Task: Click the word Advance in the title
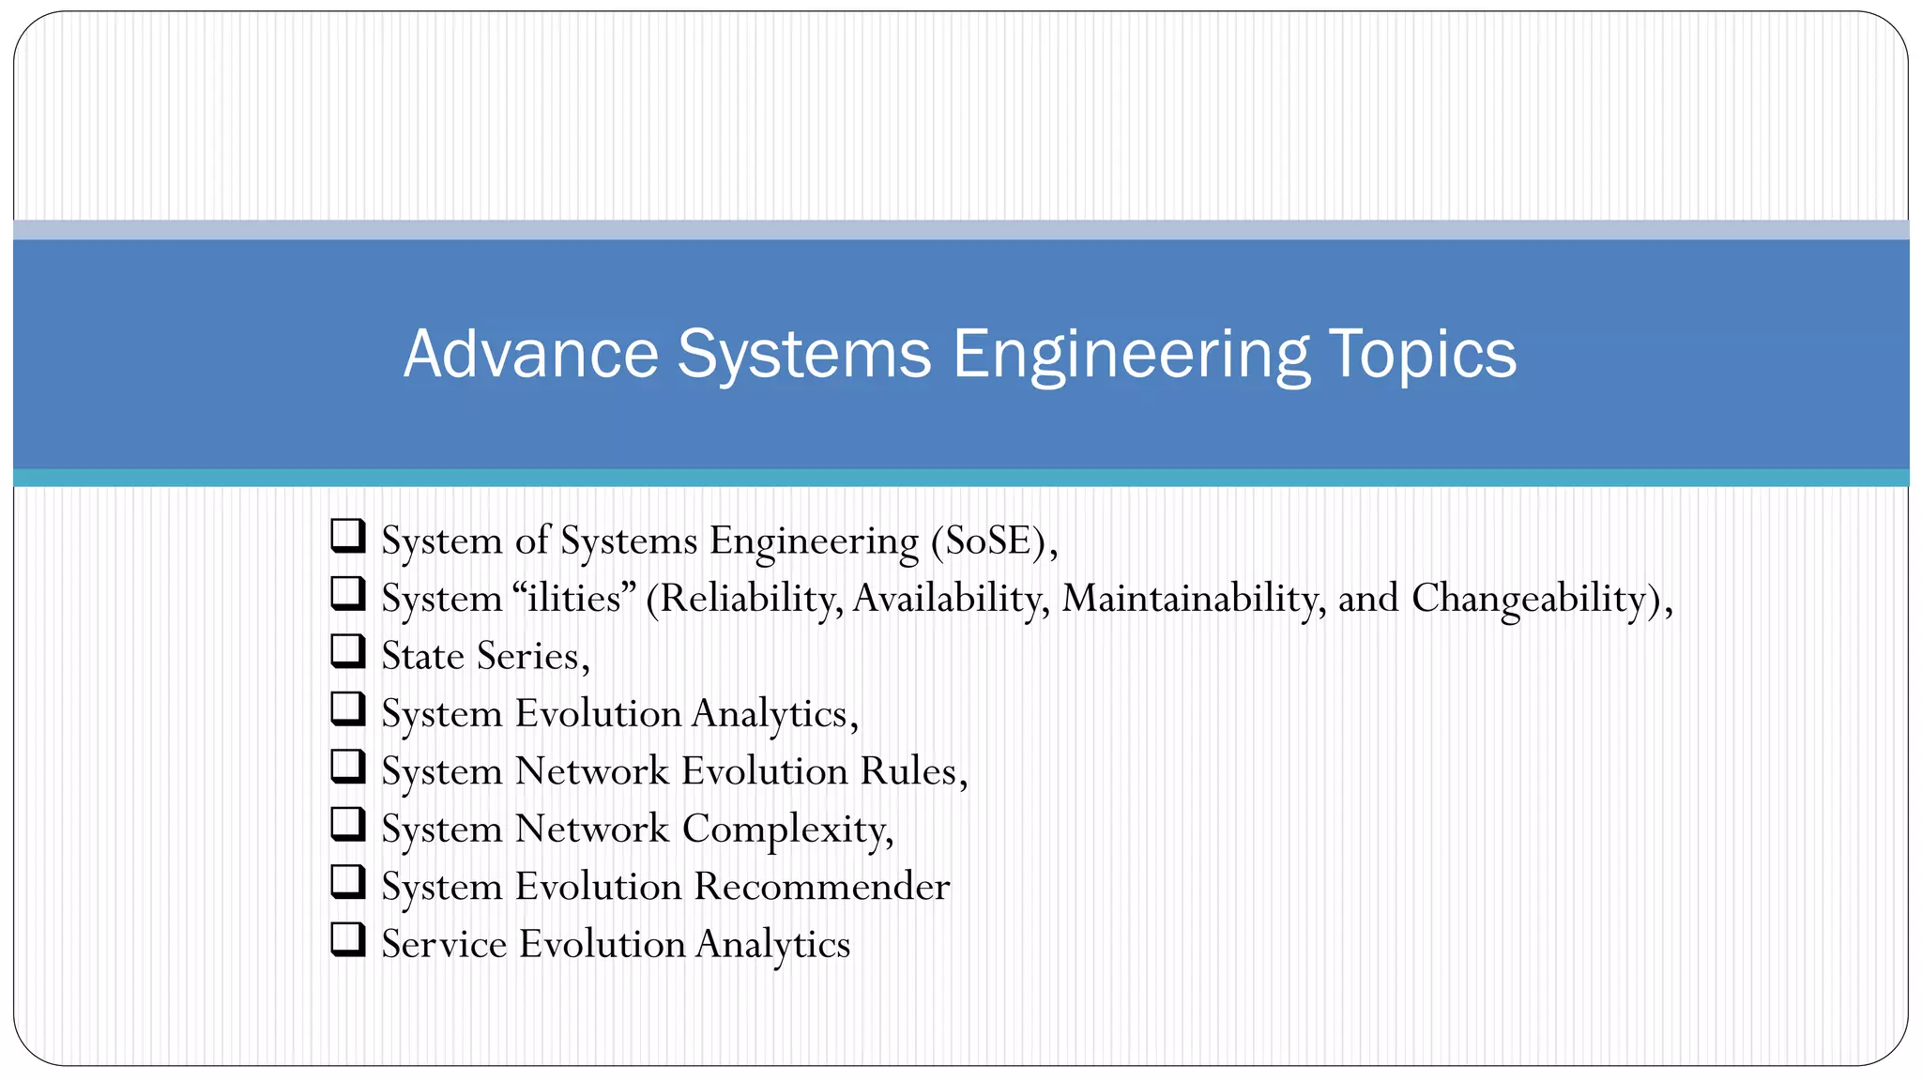click(x=531, y=354)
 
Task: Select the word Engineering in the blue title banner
click(x=1130, y=356)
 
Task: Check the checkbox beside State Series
click(x=347, y=651)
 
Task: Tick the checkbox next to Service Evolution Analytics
click(x=347, y=939)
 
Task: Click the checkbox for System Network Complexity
click(x=347, y=824)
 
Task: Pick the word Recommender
click(x=822, y=887)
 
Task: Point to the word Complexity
click(x=787, y=830)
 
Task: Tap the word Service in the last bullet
click(x=444, y=944)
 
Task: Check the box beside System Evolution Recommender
click(x=347, y=882)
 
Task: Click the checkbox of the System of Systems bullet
click(x=347, y=536)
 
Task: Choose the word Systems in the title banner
click(x=803, y=354)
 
